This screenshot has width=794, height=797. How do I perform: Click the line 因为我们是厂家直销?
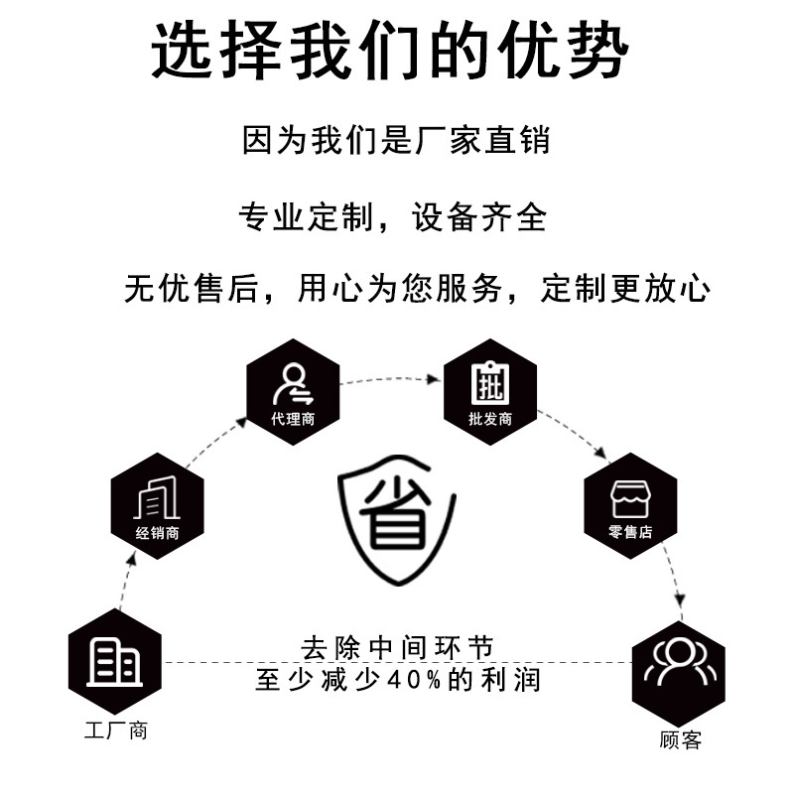(x=396, y=139)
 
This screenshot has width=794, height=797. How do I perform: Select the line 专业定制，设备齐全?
(x=394, y=215)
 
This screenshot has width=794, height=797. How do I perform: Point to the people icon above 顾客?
(x=680, y=662)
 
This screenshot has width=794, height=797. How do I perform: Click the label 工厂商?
(x=115, y=732)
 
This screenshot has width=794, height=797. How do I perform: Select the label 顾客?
(x=680, y=739)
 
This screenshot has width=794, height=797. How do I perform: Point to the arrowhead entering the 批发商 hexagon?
(x=435, y=379)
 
